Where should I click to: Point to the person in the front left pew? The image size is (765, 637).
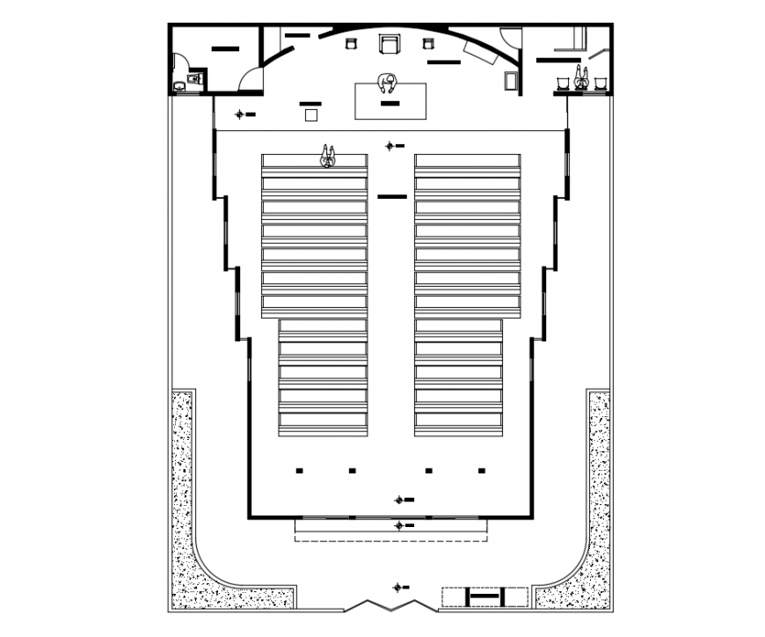(328, 157)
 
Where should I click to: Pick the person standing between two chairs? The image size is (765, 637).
(580, 77)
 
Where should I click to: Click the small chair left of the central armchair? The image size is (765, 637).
(352, 43)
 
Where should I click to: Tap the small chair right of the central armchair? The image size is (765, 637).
(428, 43)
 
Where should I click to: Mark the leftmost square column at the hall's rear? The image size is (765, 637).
(298, 471)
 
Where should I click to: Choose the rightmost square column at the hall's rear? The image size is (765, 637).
(481, 471)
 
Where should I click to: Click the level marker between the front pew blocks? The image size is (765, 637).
(390, 145)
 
